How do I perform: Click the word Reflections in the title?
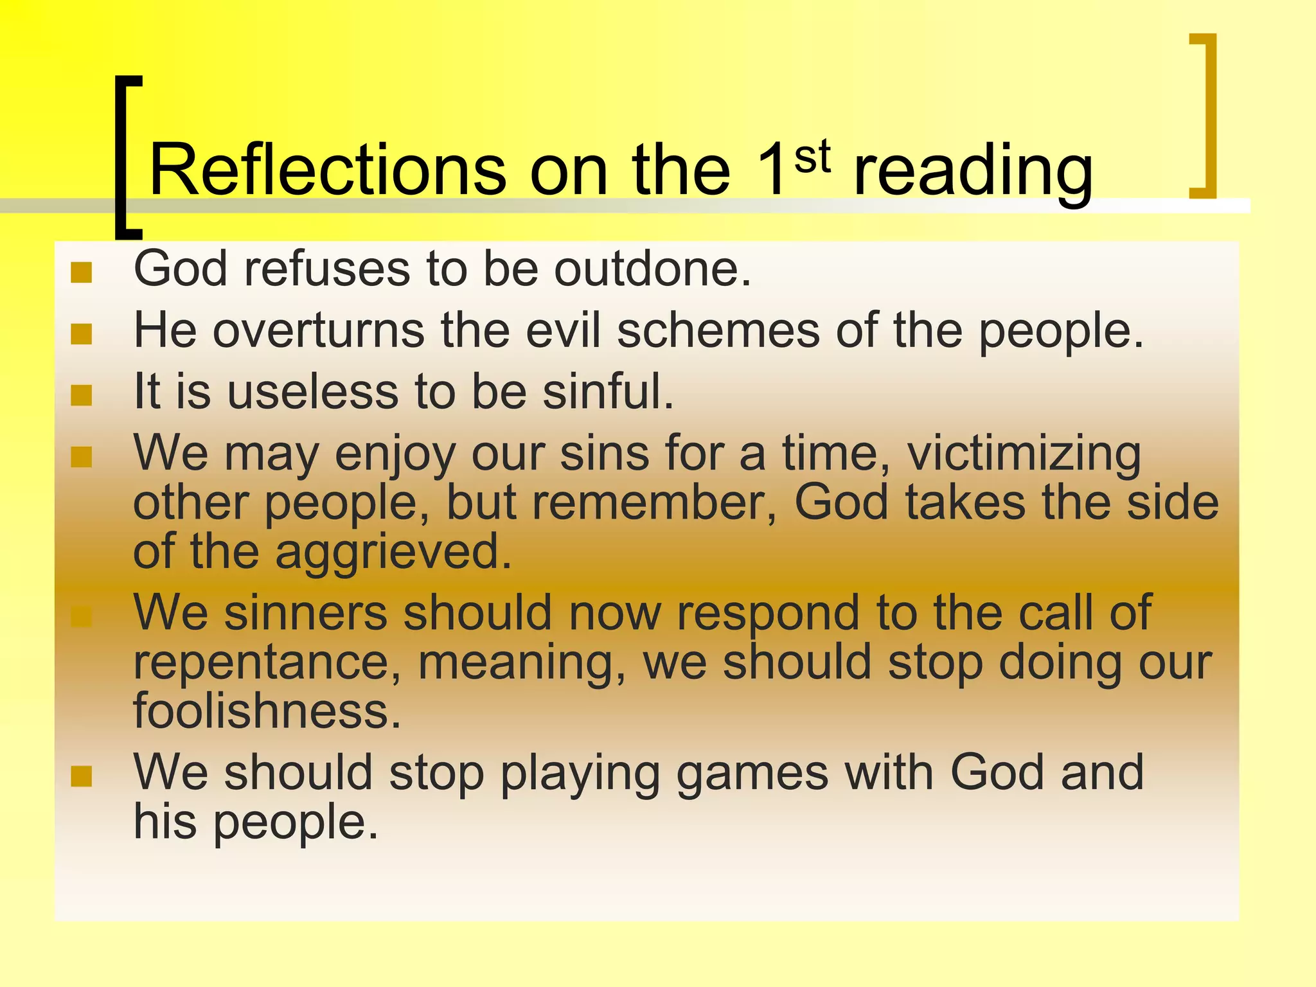(328, 170)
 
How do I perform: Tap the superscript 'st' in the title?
(812, 157)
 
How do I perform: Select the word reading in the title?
(973, 172)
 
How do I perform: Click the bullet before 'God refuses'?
(82, 272)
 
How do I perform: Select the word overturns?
(318, 330)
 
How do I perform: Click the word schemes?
(718, 330)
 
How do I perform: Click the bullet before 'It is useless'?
(82, 395)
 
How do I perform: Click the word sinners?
(305, 612)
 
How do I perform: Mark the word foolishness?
(267, 710)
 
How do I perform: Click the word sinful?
(608, 391)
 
